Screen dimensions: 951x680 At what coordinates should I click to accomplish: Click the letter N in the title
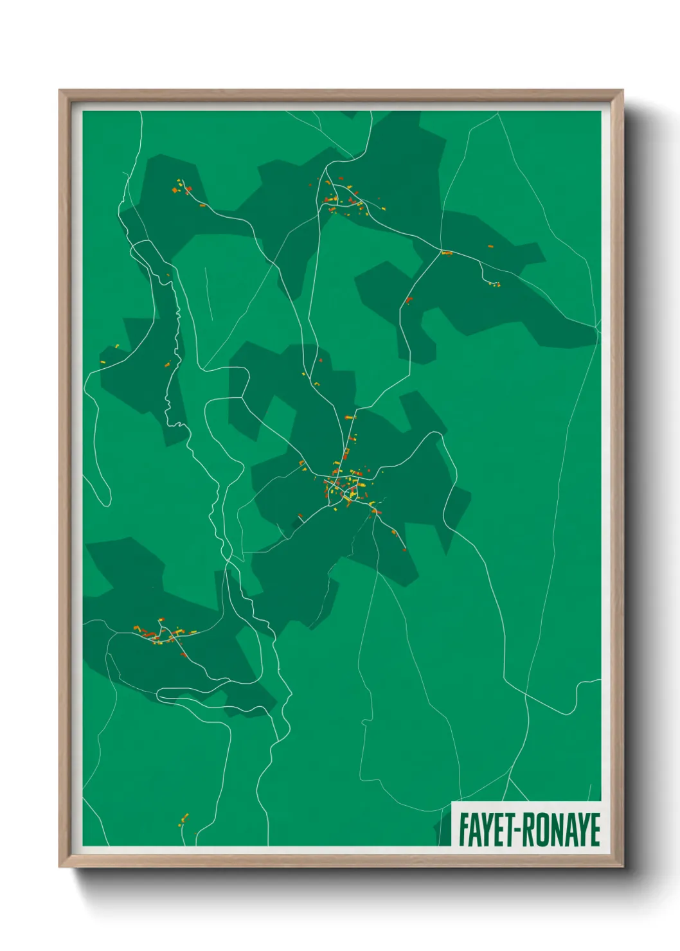coord(553,830)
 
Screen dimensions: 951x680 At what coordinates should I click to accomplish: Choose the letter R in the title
coord(526,830)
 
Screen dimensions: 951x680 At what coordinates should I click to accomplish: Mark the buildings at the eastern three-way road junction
coord(445,253)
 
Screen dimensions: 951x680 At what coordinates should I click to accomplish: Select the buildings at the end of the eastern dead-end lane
coord(494,284)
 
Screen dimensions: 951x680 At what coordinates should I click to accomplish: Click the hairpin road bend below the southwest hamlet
coord(161,694)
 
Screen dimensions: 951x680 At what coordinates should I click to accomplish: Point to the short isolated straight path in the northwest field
coord(208,292)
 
